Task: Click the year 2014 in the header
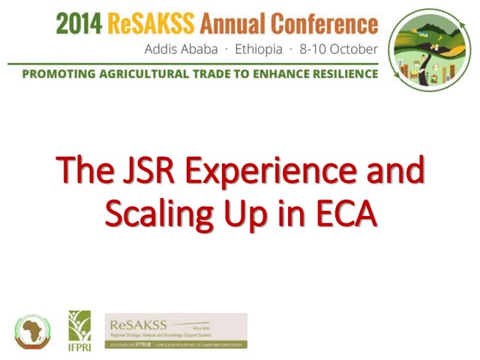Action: (x=78, y=24)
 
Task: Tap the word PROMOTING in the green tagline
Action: (x=61, y=75)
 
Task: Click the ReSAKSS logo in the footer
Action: (x=175, y=331)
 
